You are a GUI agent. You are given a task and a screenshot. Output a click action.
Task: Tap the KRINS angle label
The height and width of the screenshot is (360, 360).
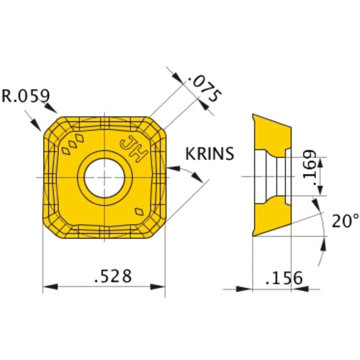[210, 154]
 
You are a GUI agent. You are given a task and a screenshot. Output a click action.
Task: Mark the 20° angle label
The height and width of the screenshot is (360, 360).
[343, 221]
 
